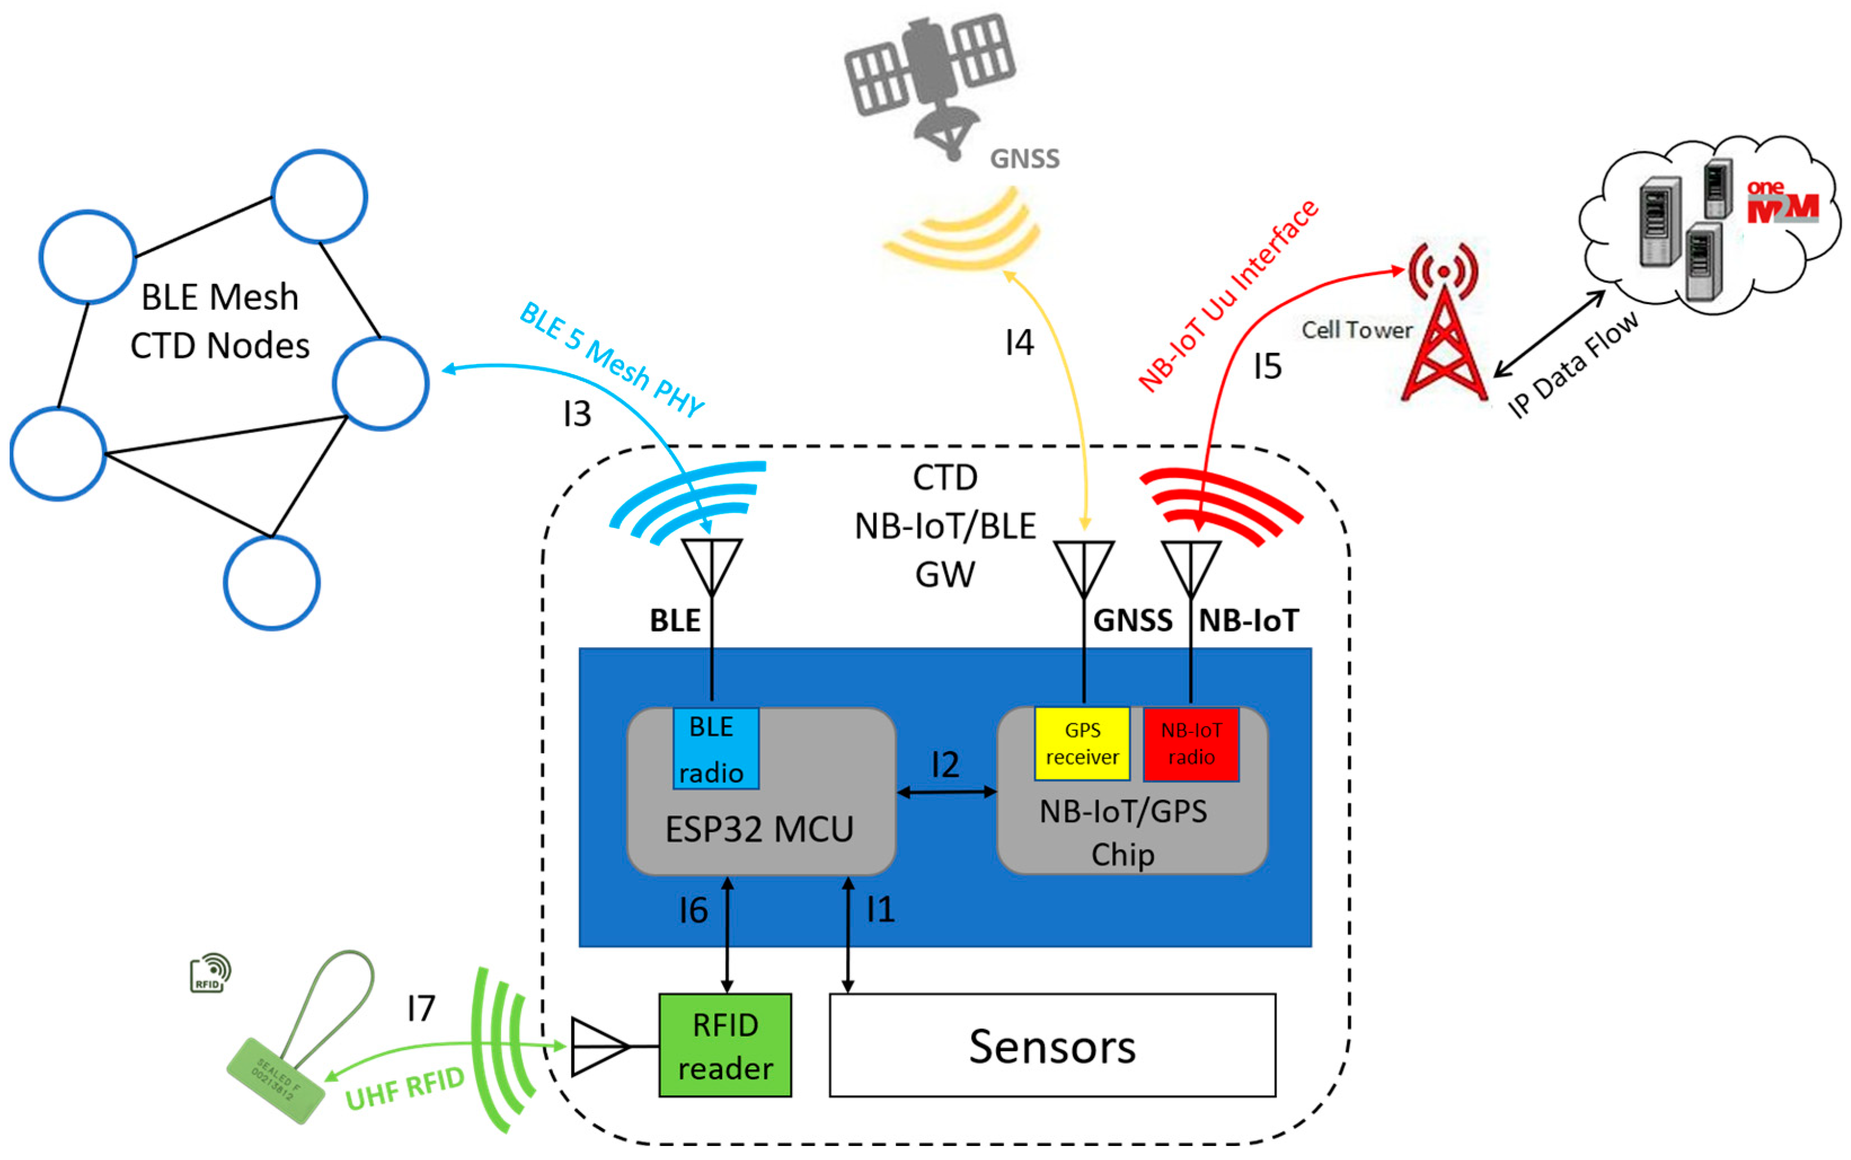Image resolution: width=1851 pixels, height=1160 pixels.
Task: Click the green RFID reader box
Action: [724, 1045]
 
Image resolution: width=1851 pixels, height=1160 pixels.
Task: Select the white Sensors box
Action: [1051, 1045]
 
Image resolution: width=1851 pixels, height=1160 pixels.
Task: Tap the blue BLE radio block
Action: [715, 748]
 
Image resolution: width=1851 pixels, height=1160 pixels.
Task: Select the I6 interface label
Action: [692, 910]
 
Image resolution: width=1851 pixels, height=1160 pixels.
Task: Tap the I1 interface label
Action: [880, 910]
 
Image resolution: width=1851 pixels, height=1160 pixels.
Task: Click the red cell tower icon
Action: [1443, 322]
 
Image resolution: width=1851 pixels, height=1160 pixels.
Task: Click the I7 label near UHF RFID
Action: [420, 1008]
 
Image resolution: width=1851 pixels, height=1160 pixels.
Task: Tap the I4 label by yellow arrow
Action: [1019, 342]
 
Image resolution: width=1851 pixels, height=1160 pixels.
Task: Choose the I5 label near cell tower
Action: [1267, 366]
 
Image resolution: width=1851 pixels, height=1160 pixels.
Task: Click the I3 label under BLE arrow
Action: [577, 414]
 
